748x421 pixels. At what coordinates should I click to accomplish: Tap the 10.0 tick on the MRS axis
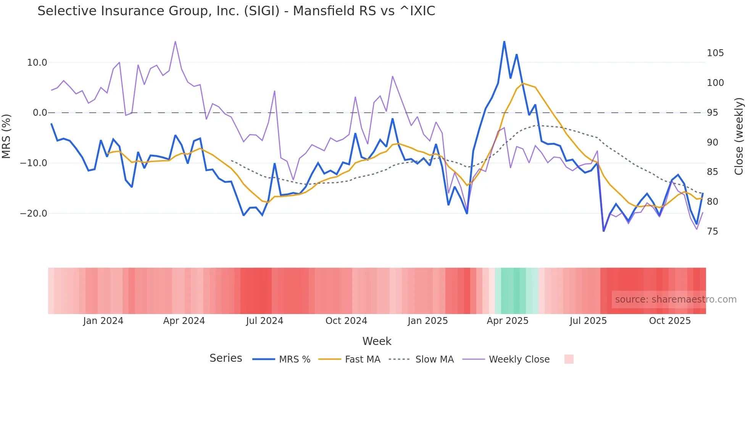[37, 63]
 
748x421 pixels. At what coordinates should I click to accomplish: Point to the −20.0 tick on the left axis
[34, 214]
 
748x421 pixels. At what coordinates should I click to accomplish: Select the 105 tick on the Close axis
[715, 53]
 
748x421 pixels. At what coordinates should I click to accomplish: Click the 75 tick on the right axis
[712, 232]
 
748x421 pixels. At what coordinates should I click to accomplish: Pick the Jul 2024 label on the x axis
[264, 321]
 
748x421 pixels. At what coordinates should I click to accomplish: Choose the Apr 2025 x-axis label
[507, 321]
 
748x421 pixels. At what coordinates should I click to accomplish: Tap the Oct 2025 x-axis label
[670, 321]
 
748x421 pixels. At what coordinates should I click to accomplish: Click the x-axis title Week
[377, 341]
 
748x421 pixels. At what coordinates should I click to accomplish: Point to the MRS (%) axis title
[6, 136]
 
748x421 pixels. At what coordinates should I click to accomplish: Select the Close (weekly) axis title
[739, 136]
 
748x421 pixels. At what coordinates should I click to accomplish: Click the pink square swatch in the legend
[569, 359]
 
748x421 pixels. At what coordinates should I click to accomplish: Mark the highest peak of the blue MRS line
[504, 42]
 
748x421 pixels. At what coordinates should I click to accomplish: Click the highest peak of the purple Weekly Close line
[175, 42]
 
